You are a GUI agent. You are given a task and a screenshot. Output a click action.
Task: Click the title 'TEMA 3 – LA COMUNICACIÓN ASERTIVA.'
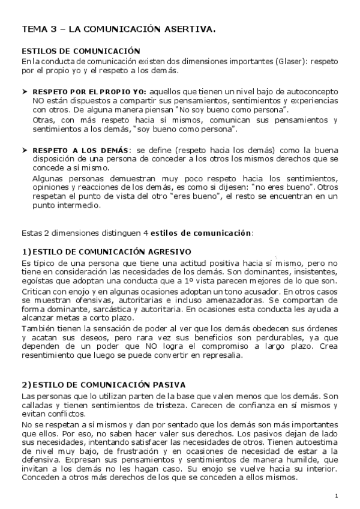click(119, 28)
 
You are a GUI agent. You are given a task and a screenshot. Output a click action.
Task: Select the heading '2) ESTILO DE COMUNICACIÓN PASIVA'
click(103, 384)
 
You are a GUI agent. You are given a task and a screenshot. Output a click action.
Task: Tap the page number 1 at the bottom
click(337, 495)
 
